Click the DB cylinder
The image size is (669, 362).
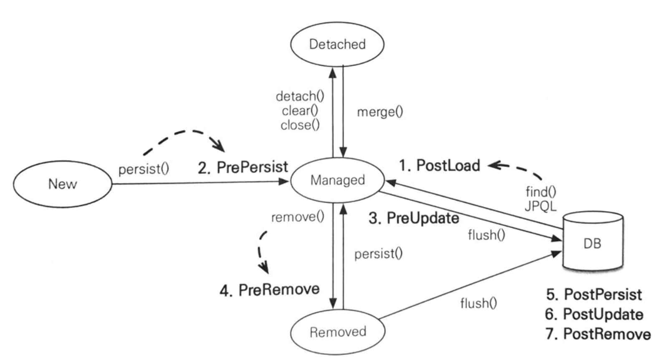coord(593,241)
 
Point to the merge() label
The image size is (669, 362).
coord(380,112)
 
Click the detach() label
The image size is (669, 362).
coord(300,96)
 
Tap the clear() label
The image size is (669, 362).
coord(300,111)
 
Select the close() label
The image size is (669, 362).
coord(300,125)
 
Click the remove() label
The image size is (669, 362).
coord(297,217)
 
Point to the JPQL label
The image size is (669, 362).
coord(540,206)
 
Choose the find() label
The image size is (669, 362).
coord(541,192)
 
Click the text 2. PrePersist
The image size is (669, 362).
coord(243,167)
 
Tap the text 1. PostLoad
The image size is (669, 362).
coord(440,165)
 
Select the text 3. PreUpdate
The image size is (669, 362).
coord(414,218)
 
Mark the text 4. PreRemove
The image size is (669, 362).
coord(269,289)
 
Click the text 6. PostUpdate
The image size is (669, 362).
coord(594,314)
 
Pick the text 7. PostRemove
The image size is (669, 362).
coord(598,334)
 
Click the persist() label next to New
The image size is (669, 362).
coord(144,169)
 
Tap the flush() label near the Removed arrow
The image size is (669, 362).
coord(479,303)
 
